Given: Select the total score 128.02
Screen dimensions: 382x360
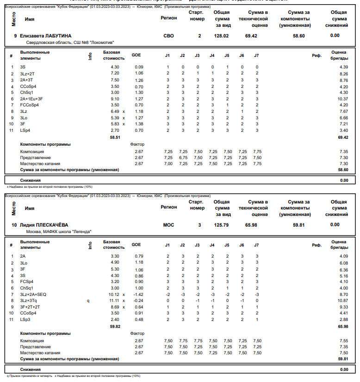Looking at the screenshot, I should (222, 36).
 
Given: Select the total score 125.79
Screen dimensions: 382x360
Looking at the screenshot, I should (222, 225).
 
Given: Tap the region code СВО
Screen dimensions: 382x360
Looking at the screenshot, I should (169, 36).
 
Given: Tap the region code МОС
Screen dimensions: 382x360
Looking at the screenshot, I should (169, 225).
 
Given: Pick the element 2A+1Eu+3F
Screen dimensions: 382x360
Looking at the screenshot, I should (31, 99).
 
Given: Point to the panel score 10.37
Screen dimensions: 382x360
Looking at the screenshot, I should (343, 99).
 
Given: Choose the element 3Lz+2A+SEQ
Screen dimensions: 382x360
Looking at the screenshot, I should (33, 294).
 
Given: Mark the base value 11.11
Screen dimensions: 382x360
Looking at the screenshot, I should (114, 301).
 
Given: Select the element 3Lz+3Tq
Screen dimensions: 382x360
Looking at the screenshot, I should (29, 301).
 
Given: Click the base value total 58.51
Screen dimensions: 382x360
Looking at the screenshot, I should (114, 137).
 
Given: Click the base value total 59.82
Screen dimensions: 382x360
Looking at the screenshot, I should (114, 326).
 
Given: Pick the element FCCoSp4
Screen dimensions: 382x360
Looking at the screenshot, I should (30, 105).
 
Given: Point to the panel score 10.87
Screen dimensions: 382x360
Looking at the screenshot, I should (343, 301).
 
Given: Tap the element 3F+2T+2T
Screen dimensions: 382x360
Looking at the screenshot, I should (30, 307).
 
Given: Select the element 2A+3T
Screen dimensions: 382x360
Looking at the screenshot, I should (27, 80).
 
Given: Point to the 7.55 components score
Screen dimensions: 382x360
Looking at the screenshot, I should (343, 340).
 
